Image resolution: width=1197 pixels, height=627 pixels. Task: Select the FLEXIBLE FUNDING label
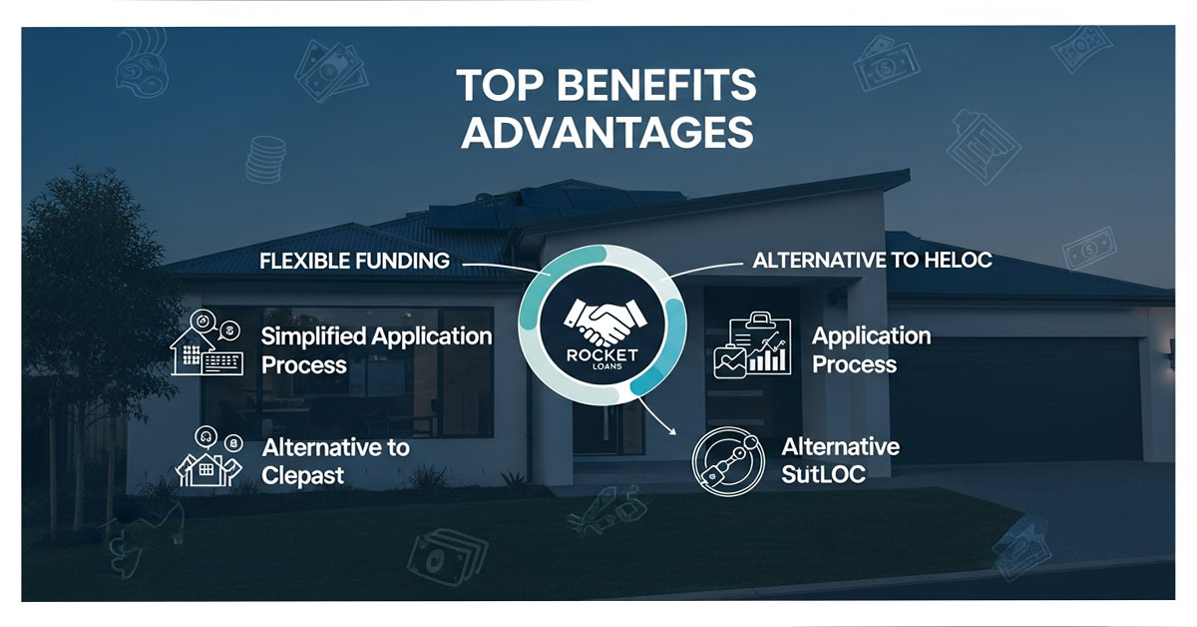click(354, 262)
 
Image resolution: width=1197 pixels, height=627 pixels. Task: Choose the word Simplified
click(312, 336)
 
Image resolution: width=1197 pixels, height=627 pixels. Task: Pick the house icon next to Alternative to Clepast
click(207, 457)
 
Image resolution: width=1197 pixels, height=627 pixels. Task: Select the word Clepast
click(302, 475)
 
